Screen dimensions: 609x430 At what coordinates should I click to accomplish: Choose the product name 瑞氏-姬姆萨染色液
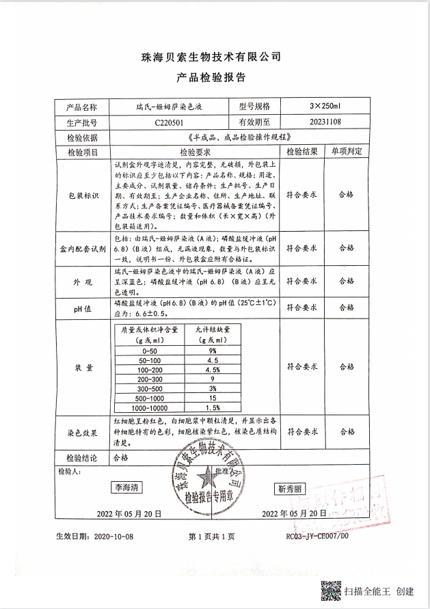pyautogui.click(x=168, y=107)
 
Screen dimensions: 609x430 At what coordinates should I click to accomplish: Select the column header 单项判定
pyautogui.click(x=347, y=152)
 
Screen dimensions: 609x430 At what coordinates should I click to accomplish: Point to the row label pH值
pyautogui.click(x=82, y=308)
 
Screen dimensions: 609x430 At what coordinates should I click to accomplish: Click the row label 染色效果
pyautogui.click(x=82, y=433)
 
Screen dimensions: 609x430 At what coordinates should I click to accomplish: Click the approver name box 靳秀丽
pyautogui.click(x=291, y=489)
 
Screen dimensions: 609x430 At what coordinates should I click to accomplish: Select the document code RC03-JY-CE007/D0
pyautogui.click(x=317, y=537)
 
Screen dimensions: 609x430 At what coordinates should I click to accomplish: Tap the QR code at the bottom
pyautogui.click(x=332, y=590)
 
